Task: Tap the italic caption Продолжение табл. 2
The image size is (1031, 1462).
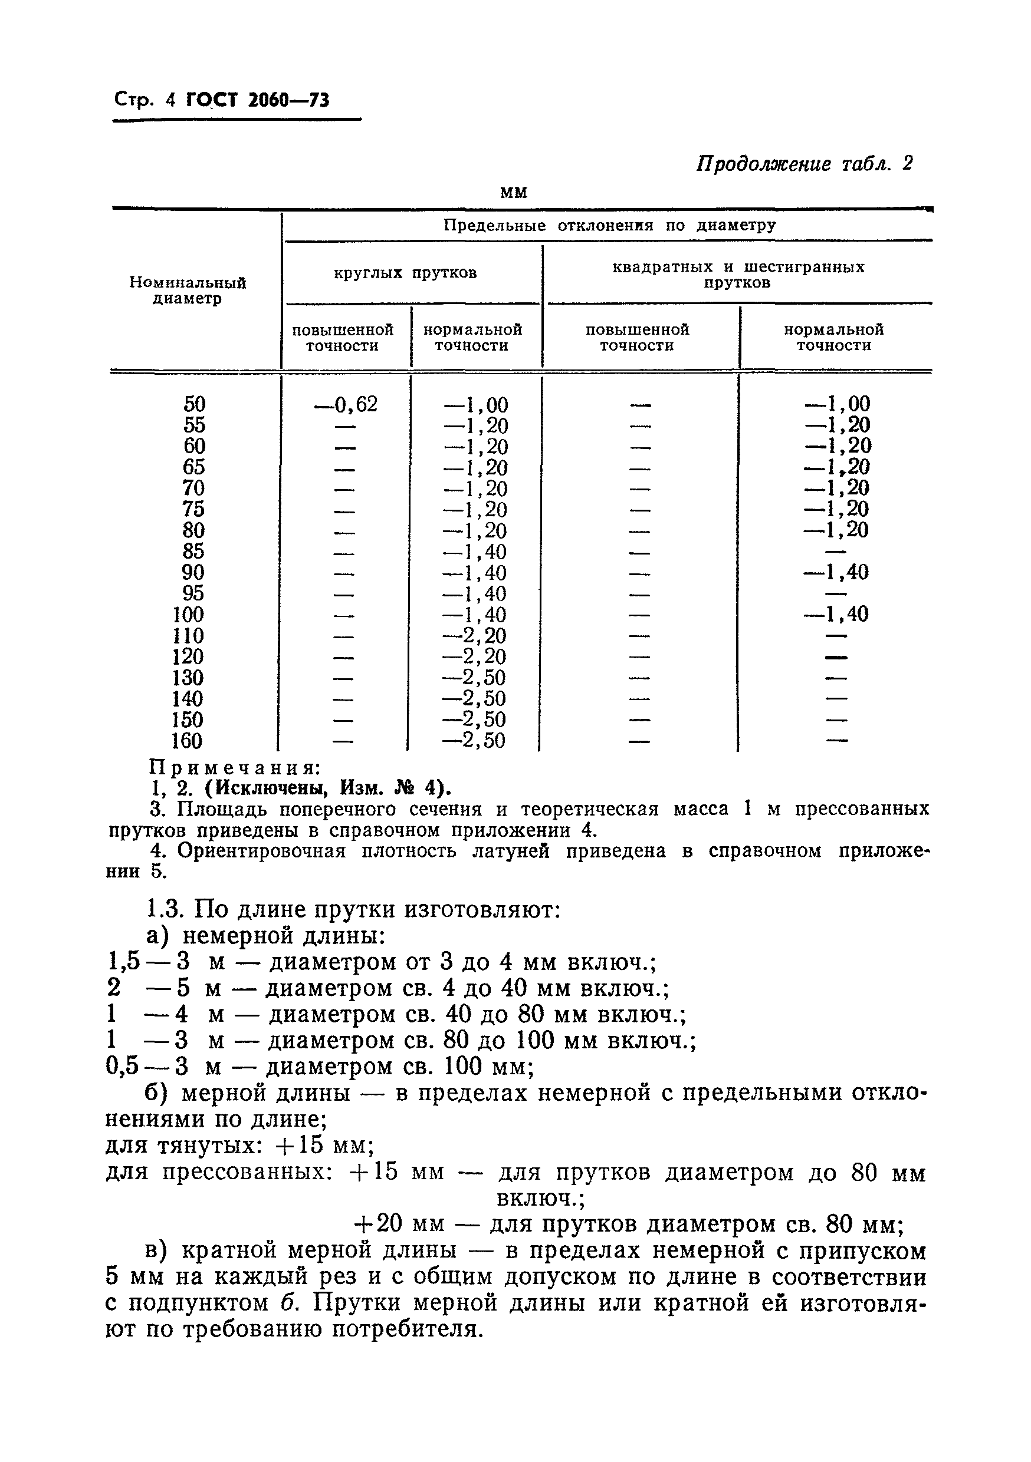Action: [x=804, y=164]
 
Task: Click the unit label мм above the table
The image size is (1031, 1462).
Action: [x=514, y=192]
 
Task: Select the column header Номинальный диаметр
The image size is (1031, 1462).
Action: [x=188, y=291]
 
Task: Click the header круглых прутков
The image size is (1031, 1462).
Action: [x=405, y=273]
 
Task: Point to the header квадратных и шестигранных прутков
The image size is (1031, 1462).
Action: [x=738, y=275]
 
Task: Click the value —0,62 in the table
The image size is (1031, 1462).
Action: [x=346, y=404]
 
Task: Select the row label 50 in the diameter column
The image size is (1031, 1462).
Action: [x=195, y=404]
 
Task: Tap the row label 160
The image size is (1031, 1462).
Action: [x=188, y=741]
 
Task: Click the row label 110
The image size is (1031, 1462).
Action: [x=188, y=635]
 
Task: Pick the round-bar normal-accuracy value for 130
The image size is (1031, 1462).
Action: [x=475, y=678]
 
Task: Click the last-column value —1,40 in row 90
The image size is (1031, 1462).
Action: [x=836, y=572]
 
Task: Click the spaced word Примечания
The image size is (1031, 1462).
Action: [x=234, y=767]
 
